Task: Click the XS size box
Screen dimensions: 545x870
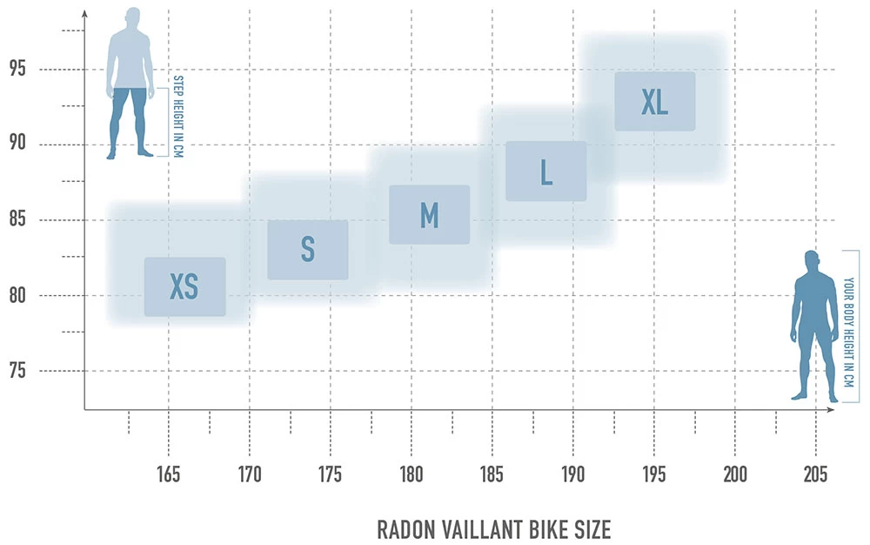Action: pos(184,286)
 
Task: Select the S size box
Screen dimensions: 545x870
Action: pos(307,250)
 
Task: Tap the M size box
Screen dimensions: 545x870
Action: pos(429,215)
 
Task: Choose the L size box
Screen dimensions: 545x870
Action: pos(545,172)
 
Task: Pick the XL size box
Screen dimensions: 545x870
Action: pos(654,102)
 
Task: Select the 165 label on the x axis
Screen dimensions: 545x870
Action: pos(168,474)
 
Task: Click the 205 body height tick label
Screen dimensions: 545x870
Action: pos(815,474)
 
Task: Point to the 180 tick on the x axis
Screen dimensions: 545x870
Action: pos(412,474)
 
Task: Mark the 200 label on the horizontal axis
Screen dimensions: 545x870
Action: pos(735,474)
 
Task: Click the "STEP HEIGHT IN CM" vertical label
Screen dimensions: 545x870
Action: pos(179,115)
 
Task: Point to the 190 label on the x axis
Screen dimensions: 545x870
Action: pos(572,474)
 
